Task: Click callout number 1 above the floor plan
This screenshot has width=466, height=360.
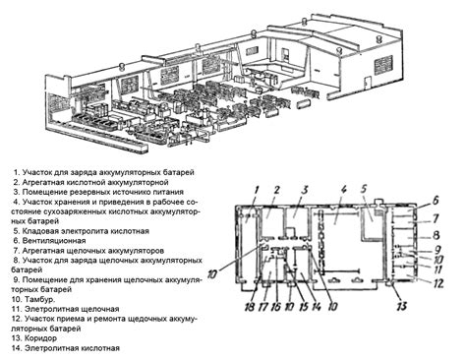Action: coord(257,190)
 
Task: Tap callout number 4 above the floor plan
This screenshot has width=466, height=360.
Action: coord(343,190)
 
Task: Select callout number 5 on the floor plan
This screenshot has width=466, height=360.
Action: coord(364,190)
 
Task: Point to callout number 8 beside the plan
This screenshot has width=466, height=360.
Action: coord(436,235)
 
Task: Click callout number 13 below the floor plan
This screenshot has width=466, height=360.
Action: coord(402,306)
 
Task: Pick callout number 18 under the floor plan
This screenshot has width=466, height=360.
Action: coord(250,307)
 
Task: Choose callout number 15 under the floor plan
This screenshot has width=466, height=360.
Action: coord(304,307)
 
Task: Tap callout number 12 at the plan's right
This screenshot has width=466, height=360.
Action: coord(438,282)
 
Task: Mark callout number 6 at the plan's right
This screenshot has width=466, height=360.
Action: coord(436,201)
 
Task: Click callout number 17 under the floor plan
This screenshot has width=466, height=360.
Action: coord(263,307)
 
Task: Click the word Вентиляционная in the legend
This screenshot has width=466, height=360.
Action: coord(54,241)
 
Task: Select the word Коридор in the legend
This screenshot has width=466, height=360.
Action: coord(40,338)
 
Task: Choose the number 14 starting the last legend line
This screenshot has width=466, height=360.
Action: coord(16,348)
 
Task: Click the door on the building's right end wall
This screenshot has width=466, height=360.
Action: coord(368,83)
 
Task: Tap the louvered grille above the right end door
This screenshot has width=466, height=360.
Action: coord(383,65)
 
